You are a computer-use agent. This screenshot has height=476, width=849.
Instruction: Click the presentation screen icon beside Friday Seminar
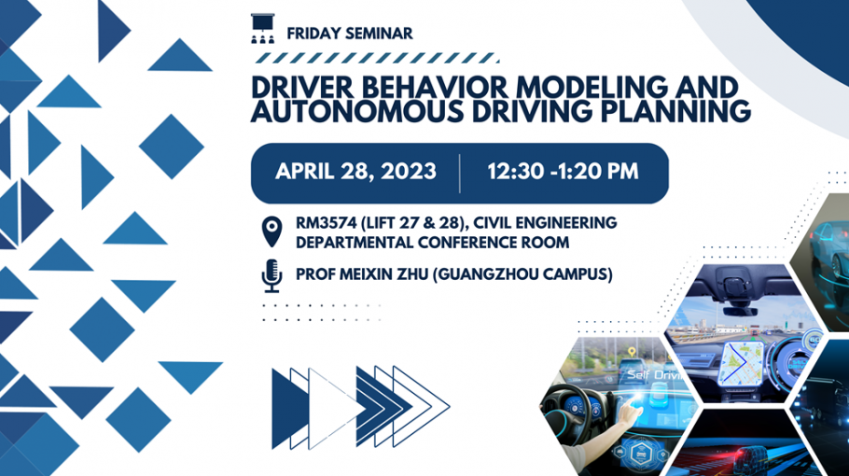pos(262,28)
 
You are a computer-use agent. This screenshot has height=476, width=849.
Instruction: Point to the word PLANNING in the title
pos(675,112)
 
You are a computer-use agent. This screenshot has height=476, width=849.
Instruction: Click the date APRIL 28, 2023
pos(355,172)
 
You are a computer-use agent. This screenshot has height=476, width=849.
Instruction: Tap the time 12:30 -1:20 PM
pos(564,172)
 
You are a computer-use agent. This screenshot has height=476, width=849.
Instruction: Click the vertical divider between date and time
pos(460,174)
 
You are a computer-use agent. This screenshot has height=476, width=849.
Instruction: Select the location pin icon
pos(271,231)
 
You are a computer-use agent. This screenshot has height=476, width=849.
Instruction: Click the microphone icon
pos(271,275)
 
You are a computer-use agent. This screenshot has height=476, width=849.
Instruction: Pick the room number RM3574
pos(326,222)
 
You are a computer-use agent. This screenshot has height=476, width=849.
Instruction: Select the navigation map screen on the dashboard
pos(741,363)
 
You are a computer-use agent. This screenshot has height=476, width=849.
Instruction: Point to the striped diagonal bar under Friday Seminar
pos(376,58)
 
